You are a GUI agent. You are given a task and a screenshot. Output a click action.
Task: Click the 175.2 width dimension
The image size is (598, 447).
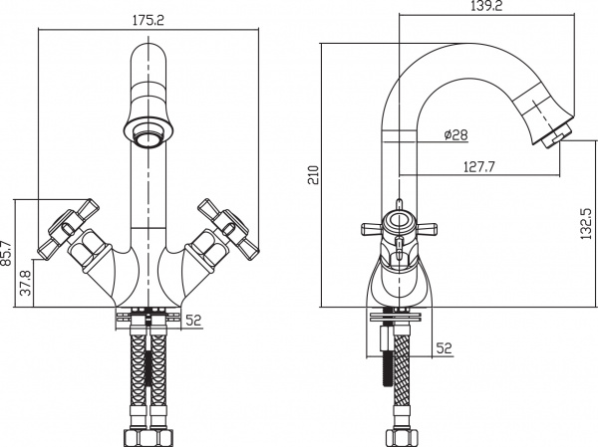[148, 20]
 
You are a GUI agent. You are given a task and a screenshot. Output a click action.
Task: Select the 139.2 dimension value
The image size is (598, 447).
[486, 6]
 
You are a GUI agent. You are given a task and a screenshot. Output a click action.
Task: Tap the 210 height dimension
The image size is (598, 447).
[314, 175]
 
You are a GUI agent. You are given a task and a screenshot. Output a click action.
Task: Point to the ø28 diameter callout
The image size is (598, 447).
[456, 134]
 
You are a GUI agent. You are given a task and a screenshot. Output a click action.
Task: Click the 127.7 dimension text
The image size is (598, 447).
[479, 166]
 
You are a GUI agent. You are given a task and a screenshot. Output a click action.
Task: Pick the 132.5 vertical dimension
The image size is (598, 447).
[586, 223]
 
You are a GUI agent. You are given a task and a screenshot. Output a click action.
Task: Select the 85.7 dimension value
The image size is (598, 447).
[7, 253]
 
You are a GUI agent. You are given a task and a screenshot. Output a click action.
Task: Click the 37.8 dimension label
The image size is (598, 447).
[26, 283]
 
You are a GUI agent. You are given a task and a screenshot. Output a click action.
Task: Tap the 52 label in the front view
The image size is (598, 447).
[193, 321]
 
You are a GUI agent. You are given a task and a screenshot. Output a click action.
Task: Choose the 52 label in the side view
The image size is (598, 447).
[444, 347]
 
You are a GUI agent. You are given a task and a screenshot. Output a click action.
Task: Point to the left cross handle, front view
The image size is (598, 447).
[69, 229]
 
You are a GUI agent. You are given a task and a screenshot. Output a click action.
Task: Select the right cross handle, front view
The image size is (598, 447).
[226, 229]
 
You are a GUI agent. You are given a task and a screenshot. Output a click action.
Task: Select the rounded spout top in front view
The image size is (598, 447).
[148, 65]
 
